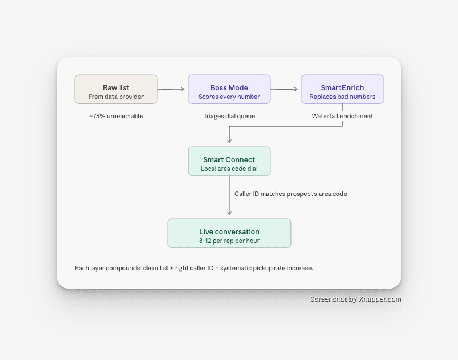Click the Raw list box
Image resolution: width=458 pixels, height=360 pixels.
[x=116, y=89]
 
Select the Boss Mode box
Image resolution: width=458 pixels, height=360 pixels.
[x=229, y=89]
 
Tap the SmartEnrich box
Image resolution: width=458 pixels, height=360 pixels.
[x=342, y=89]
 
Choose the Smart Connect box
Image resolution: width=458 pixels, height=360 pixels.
[x=229, y=161]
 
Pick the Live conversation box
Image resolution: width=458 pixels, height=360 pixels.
[x=229, y=233]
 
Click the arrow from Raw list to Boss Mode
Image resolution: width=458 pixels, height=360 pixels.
[x=171, y=89]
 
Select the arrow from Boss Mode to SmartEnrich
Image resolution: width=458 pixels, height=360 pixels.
[x=284, y=89]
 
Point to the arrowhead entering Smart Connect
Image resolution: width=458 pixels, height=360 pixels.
[x=229, y=141]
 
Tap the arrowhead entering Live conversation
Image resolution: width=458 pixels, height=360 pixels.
[x=229, y=213]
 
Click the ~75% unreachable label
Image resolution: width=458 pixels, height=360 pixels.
[x=116, y=116]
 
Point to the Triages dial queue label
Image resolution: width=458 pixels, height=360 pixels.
[x=229, y=116]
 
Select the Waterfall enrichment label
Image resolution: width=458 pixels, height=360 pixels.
[x=342, y=116]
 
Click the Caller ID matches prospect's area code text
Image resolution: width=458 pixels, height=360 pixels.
[x=290, y=194]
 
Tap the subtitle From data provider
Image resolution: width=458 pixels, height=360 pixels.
[x=116, y=97]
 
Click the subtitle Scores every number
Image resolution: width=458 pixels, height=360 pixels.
[x=229, y=97]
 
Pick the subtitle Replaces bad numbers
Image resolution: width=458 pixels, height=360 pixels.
[x=342, y=97]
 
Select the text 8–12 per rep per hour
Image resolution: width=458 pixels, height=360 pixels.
[x=229, y=241]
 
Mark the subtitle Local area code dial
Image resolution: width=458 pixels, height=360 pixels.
[x=229, y=169]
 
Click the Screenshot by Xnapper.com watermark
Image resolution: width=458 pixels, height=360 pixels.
[x=355, y=299]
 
